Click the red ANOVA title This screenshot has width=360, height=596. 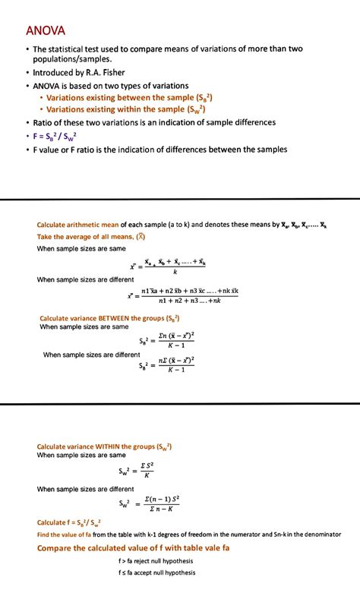pyautogui.click(x=46, y=31)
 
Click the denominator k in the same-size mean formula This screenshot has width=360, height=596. pyautogui.click(x=175, y=273)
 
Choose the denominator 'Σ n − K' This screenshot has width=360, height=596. pyautogui.click(x=162, y=509)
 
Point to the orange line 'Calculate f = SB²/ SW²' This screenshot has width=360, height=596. pyautogui.click(x=69, y=522)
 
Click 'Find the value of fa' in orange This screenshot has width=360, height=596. pyautogui.click(x=69, y=535)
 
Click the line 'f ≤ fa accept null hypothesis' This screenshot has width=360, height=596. pyautogui.click(x=157, y=572)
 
